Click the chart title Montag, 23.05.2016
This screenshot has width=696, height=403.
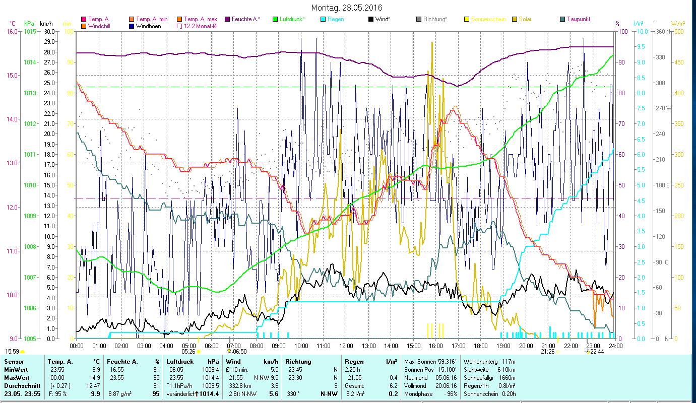pos(347,8)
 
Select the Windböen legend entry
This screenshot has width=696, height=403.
pos(148,26)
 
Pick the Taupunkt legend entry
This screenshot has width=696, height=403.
pos(578,19)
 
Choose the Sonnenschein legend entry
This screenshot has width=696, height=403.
pos(492,19)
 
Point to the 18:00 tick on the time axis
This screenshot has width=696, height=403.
pos(481,346)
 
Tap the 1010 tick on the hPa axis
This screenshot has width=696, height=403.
pos(30,185)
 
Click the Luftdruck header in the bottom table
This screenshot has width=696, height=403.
pos(180,362)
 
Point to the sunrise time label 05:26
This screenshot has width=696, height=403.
pos(188,352)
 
